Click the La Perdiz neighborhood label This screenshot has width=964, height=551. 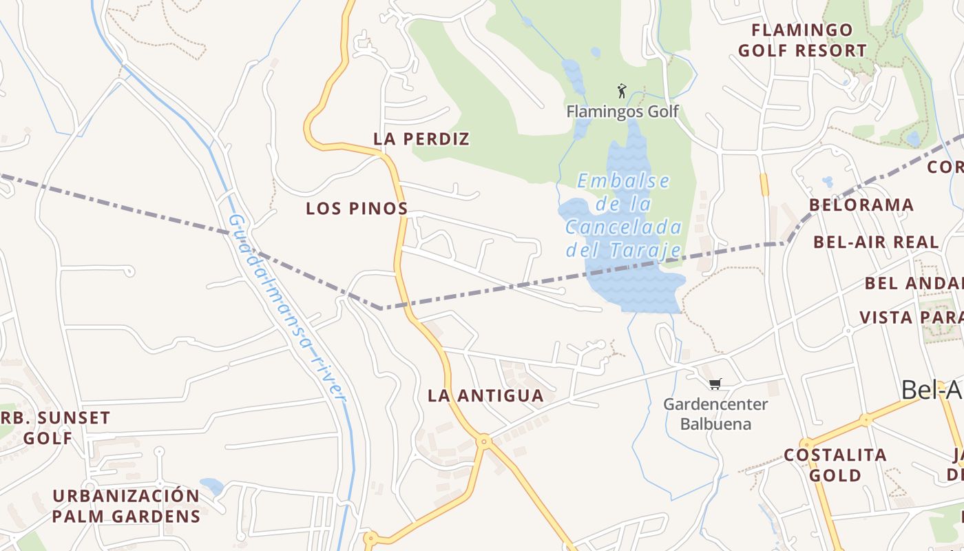point(421,139)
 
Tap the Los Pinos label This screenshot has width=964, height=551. point(357,209)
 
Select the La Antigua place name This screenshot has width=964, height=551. point(485,396)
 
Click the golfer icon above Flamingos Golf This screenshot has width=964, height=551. point(622,91)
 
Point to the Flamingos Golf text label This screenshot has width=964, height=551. point(622,112)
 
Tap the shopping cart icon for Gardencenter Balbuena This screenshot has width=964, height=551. point(715,384)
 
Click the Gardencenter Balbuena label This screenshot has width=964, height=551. point(715,413)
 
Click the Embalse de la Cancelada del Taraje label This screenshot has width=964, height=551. point(623,216)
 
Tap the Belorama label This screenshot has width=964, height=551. point(861,205)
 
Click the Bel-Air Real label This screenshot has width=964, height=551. point(876,242)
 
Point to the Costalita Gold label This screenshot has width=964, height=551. point(835,465)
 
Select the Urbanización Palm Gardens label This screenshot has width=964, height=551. point(126,506)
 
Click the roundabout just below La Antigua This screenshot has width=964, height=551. point(484,440)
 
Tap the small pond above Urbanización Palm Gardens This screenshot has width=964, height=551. point(211,486)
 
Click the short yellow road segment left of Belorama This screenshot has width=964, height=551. point(764,185)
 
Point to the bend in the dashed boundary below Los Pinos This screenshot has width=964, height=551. point(381,308)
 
